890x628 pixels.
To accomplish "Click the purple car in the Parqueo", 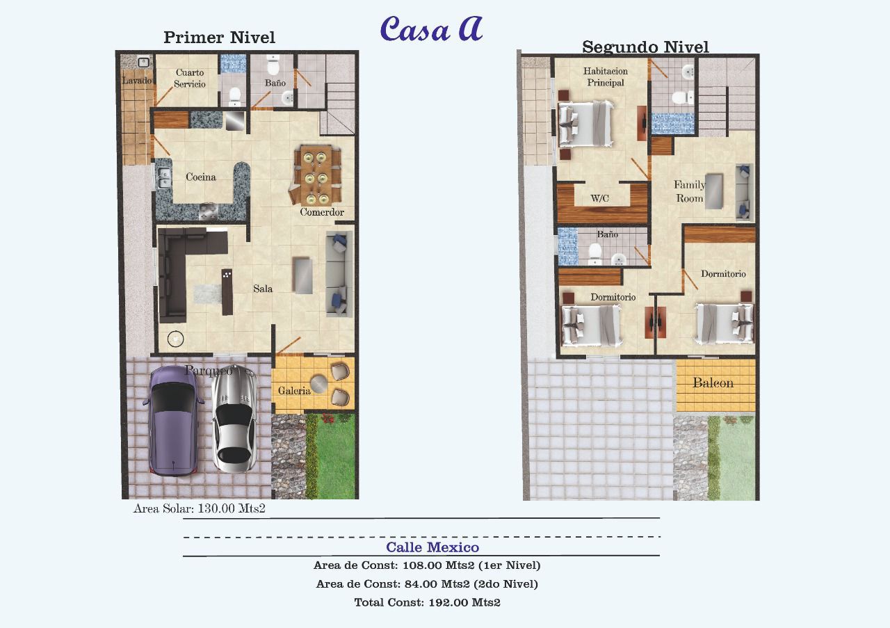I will (173, 420).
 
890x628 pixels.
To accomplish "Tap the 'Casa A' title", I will (431, 29).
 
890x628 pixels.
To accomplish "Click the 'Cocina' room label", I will (201, 177).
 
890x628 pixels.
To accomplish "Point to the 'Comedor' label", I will (322, 212).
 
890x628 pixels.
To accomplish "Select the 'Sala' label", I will (263, 289).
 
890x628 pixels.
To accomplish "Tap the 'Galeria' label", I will (294, 391).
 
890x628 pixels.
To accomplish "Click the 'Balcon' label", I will (713, 383).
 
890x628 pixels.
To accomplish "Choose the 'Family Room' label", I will (689, 191).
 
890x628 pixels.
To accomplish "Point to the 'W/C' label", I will (599, 199).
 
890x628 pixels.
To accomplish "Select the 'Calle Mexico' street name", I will (432, 547).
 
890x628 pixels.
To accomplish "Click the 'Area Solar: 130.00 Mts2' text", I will (200, 508).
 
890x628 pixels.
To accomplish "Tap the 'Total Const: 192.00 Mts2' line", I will (427, 602).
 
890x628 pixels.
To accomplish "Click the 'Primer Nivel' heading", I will (219, 38).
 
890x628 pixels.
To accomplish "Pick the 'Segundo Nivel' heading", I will (645, 47).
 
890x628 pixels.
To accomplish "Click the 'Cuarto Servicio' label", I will (190, 78).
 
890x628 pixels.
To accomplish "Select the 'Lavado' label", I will (136, 81).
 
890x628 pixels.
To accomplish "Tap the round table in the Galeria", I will (319, 384).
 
